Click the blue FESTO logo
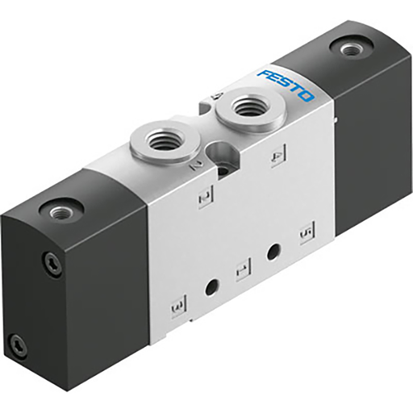(x=286, y=86)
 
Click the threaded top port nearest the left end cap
(x=163, y=137)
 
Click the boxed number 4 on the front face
(x=277, y=156)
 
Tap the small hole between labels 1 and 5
(x=273, y=252)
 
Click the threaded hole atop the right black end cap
(x=348, y=50)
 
